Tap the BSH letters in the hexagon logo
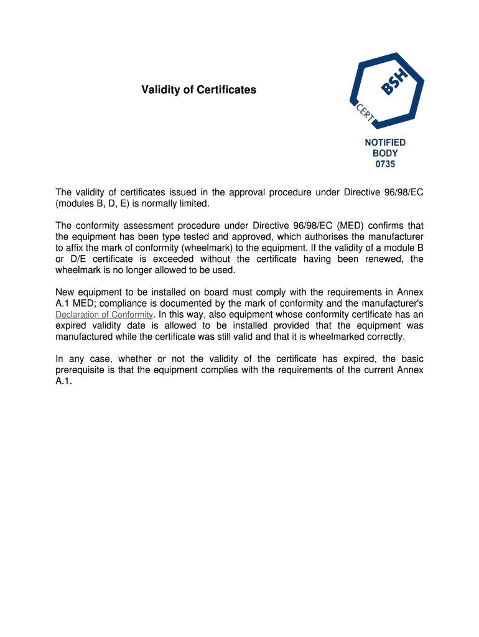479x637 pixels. [395, 82]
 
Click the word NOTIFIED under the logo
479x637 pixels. [385, 142]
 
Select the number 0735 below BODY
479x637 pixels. [385, 165]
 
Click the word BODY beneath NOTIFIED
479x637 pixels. [385, 154]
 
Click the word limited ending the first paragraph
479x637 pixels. [193, 203]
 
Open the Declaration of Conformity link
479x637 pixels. [104, 314]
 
